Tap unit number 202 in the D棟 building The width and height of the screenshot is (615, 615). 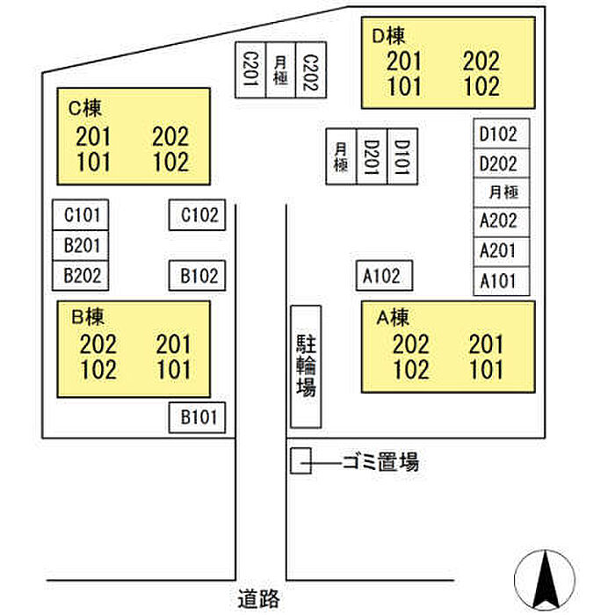(x=481, y=61)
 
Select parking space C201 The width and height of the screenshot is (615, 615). (x=250, y=71)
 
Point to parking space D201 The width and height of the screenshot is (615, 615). (x=372, y=156)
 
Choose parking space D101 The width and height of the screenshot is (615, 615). (x=402, y=156)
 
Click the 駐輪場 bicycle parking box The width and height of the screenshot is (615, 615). (x=306, y=365)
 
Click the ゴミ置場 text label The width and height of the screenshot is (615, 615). (x=380, y=462)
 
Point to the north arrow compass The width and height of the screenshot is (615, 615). (x=545, y=581)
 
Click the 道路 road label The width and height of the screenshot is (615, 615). (x=258, y=600)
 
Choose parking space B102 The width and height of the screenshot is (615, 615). (x=199, y=276)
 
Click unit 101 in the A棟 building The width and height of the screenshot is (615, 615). (x=486, y=369)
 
